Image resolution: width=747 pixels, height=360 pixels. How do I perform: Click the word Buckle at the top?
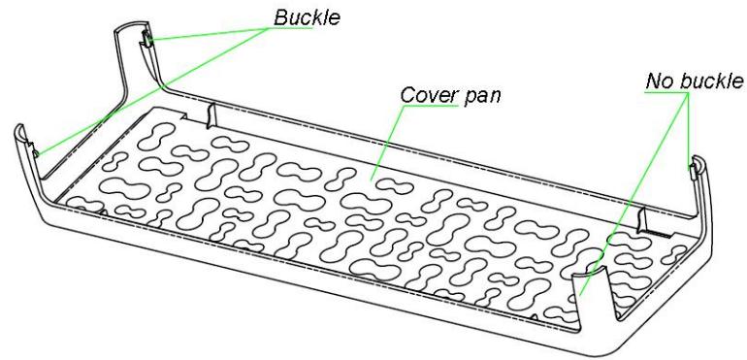(x=308, y=17)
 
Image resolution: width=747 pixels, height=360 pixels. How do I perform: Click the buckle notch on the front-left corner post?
(x=37, y=150)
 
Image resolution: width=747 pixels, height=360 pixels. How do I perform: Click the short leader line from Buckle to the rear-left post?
(x=209, y=33)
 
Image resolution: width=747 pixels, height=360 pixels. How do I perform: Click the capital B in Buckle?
(x=281, y=17)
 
